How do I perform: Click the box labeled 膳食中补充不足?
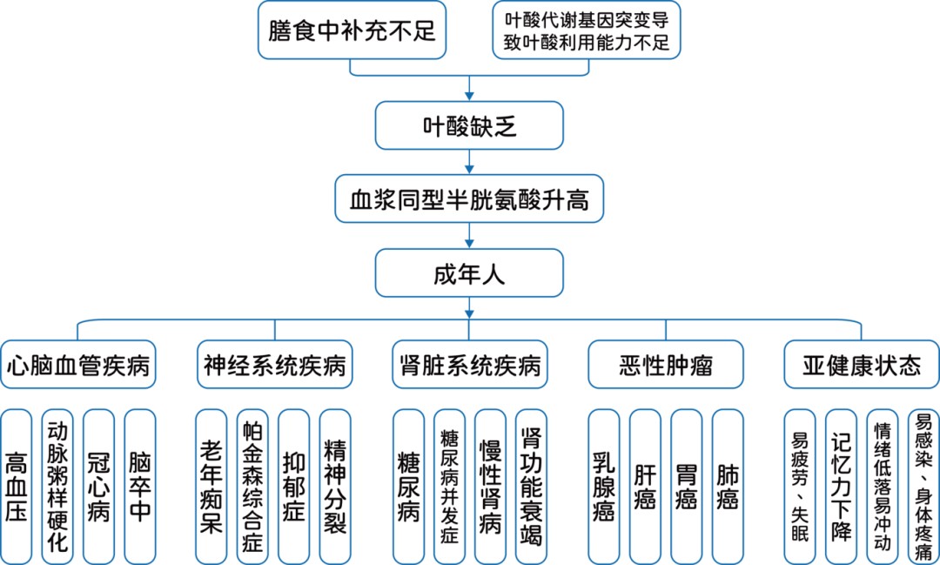352,30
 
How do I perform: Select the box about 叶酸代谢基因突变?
587,30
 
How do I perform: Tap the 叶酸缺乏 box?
469,126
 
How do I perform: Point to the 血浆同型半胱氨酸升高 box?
469,200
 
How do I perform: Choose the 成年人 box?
469,273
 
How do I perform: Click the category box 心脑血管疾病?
78,364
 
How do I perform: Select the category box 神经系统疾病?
274,364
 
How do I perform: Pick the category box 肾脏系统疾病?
470,364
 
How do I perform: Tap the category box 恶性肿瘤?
667,364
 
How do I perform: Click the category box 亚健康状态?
862,364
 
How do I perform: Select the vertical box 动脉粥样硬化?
57,487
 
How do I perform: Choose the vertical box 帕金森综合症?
252,487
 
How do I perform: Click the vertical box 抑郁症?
294,487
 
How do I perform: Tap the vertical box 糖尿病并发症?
449,487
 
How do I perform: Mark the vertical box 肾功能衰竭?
531,487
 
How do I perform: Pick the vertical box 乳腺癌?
604,487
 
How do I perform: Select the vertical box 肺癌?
728,487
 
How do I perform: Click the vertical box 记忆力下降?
841,487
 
